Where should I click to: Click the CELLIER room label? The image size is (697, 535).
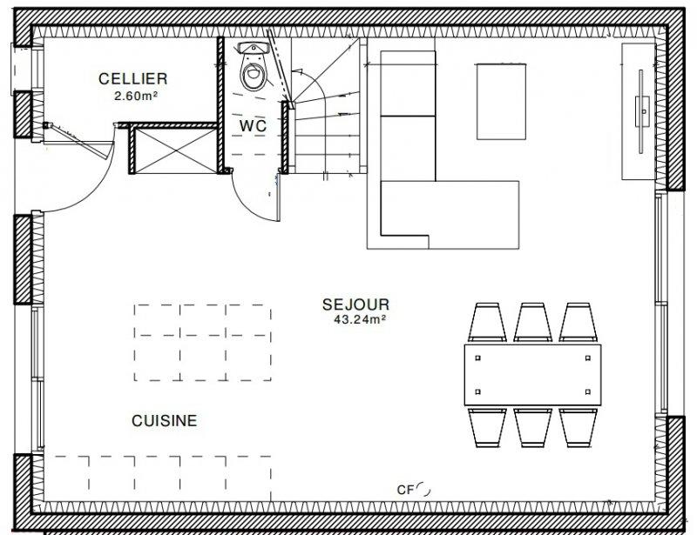tap(133, 79)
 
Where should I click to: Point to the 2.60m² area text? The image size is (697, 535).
tap(136, 96)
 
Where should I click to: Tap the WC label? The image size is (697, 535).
tap(253, 126)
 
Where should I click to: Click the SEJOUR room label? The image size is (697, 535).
tap(355, 304)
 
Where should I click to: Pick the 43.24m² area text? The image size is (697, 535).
tap(359, 319)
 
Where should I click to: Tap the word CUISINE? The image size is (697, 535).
tap(165, 421)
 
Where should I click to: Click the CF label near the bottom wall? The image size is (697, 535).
tap(405, 490)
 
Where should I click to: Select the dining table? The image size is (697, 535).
tap(532, 375)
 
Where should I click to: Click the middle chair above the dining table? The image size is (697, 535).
tap(532, 323)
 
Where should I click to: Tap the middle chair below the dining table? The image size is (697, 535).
tap(532, 427)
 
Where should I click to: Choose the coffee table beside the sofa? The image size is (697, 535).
tap(502, 102)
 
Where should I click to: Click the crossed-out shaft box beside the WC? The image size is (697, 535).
tap(176, 150)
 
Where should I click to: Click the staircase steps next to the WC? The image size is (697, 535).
tap(326, 105)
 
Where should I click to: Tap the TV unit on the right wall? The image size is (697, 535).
tap(639, 111)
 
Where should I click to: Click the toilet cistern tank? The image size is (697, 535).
tap(254, 48)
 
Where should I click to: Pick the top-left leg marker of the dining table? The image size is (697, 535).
tap(477, 358)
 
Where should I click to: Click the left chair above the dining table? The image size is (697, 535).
tap(487, 323)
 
